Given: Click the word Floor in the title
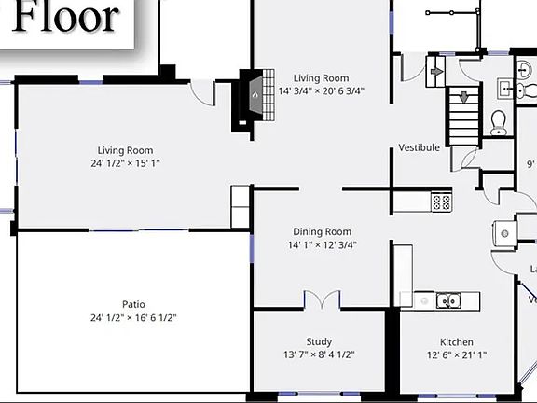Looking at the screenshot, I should click(x=68, y=17).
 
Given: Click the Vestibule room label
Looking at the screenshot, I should click(x=419, y=147).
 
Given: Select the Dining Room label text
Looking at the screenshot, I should click(x=322, y=231).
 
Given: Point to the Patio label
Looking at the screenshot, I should click(x=133, y=304).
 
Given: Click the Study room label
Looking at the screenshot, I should click(x=319, y=341).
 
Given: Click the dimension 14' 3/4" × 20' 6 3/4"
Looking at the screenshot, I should click(x=322, y=91).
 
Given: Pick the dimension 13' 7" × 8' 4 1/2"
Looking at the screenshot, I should click(x=319, y=354).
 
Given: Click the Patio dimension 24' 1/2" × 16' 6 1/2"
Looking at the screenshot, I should click(x=133, y=317).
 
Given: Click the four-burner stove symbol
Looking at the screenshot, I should click(x=441, y=201).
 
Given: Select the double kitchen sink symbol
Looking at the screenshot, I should click(x=448, y=300).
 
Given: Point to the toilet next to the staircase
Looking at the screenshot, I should click(x=498, y=121).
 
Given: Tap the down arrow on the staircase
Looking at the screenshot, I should click(x=463, y=97).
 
